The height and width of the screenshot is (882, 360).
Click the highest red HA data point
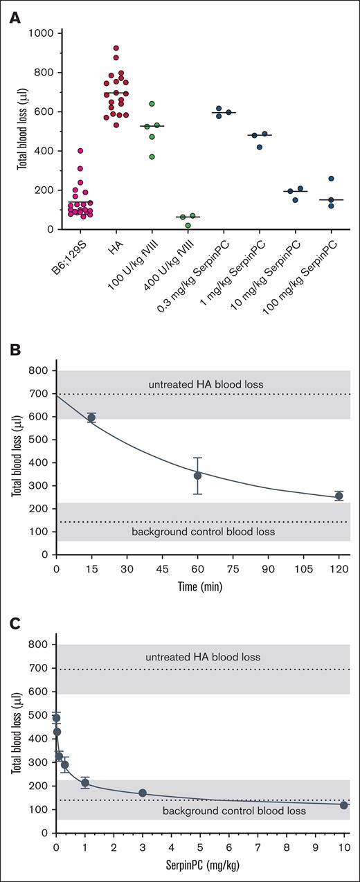click(x=116, y=48)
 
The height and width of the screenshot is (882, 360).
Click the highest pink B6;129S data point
click(x=81, y=151)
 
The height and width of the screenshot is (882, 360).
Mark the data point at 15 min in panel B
click(x=91, y=417)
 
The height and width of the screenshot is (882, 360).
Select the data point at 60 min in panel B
click(x=197, y=475)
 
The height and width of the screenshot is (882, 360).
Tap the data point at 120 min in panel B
click(x=339, y=496)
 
